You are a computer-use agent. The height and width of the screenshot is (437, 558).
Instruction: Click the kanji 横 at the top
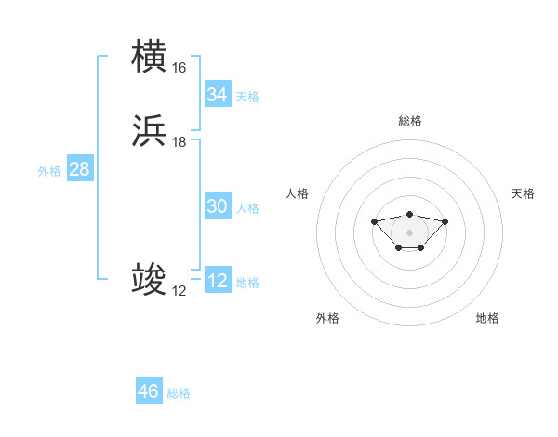tap(149, 56)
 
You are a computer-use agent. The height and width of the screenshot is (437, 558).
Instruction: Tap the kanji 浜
tap(149, 130)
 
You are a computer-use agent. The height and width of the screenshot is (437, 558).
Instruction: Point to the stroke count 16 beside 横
tap(179, 68)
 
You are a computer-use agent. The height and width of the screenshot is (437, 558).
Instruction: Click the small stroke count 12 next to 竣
tap(179, 291)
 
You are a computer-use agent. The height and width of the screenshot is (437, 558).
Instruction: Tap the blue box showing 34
tap(217, 95)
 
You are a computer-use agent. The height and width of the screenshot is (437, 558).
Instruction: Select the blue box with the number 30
tap(217, 207)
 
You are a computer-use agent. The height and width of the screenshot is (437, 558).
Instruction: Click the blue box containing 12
tap(217, 282)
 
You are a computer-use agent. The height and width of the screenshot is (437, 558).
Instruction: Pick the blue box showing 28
tap(79, 170)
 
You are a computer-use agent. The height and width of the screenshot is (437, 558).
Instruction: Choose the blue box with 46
tap(149, 391)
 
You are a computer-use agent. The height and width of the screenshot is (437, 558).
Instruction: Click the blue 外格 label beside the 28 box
tap(49, 171)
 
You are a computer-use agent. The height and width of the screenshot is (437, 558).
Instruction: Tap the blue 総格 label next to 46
tap(179, 393)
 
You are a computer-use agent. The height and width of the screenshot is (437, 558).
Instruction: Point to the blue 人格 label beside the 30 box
tap(248, 208)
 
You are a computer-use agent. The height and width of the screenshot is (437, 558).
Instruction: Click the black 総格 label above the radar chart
tap(409, 121)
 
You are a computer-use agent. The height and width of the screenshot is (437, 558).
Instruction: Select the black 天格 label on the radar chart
tap(523, 193)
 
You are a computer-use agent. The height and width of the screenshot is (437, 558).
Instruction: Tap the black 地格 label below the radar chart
tap(487, 318)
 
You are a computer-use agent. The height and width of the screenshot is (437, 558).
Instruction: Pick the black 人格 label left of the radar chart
tap(298, 193)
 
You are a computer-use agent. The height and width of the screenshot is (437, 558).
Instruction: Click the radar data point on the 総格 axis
tap(409, 215)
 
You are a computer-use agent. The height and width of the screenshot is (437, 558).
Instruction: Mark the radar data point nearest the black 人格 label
tap(374, 221)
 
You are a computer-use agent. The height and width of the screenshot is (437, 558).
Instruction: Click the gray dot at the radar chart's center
tap(409, 232)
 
